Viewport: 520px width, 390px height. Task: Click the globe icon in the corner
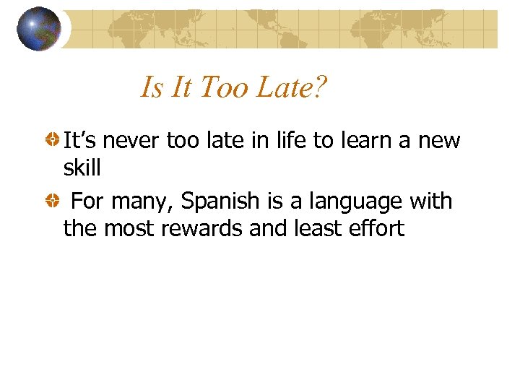coord(39,29)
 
